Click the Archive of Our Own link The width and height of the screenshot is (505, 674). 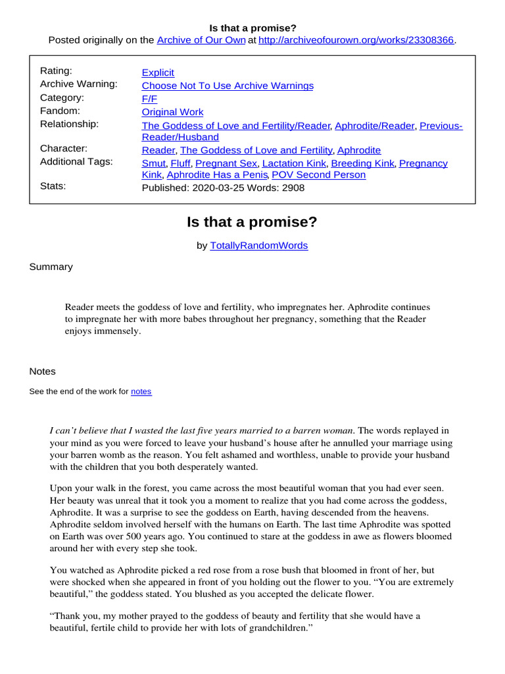[x=201, y=40]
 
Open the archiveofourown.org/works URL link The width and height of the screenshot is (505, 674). [x=356, y=40]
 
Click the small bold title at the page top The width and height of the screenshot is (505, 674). [x=252, y=28]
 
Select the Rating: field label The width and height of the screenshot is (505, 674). [x=57, y=71]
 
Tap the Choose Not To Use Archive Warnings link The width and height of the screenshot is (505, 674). [x=228, y=86]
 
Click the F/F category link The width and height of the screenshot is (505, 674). [x=149, y=99]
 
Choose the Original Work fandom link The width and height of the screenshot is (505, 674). [x=172, y=112]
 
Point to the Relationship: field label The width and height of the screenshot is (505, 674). [x=69, y=124]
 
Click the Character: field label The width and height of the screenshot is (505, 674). [x=64, y=149]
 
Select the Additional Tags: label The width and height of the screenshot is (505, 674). [x=76, y=162]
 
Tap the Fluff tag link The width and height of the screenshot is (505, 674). [x=180, y=163]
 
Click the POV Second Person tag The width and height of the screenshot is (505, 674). [x=318, y=175]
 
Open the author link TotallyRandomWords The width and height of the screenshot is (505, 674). [x=258, y=246]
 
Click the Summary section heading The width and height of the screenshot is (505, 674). [x=51, y=267]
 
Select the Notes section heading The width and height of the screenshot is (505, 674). [x=43, y=371]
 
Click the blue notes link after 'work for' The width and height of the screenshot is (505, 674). [x=141, y=392]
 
